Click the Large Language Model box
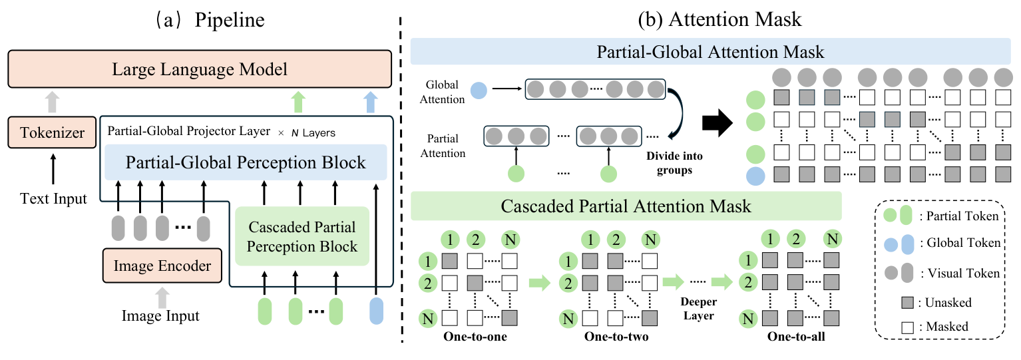(200, 69)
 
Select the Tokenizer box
(51, 132)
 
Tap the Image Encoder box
(162, 266)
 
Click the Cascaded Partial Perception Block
(302, 236)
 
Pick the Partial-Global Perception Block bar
(246, 162)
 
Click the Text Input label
(53, 198)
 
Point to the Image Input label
(160, 315)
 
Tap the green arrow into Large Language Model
(298, 102)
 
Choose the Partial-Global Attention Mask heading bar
(710, 51)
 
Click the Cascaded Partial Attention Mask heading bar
(626, 206)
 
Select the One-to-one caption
(475, 337)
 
